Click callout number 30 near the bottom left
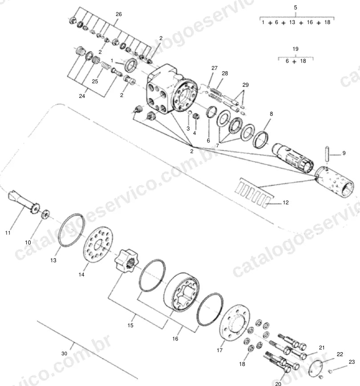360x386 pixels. click(64, 353)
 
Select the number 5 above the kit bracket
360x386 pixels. click(295, 8)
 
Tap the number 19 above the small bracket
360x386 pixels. click(295, 49)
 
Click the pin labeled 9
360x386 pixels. click(327, 154)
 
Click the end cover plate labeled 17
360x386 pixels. click(234, 322)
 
